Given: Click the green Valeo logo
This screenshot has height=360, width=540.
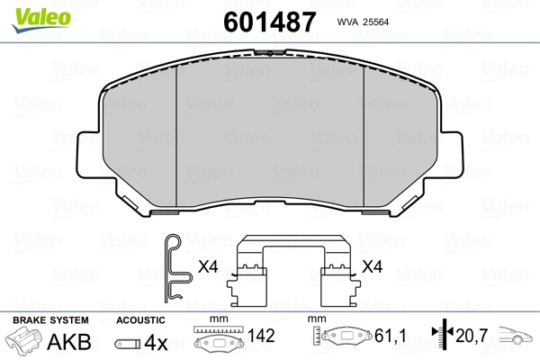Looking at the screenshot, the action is click(41, 19).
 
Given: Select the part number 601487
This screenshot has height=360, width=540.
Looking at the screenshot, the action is click(269, 22).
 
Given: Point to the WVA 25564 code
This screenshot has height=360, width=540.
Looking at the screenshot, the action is click(363, 22).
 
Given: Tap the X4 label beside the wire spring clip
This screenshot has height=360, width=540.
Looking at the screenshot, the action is click(208, 266).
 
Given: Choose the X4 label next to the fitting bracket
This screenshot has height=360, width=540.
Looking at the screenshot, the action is click(373, 266).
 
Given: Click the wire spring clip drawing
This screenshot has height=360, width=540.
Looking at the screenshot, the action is click(176, 269).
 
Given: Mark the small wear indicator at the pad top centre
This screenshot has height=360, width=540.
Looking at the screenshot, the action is click(270, 53).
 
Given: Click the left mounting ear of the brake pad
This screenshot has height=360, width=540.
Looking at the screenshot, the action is click(89, 154).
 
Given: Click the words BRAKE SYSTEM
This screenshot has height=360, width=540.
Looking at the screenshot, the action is click(50, 320).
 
